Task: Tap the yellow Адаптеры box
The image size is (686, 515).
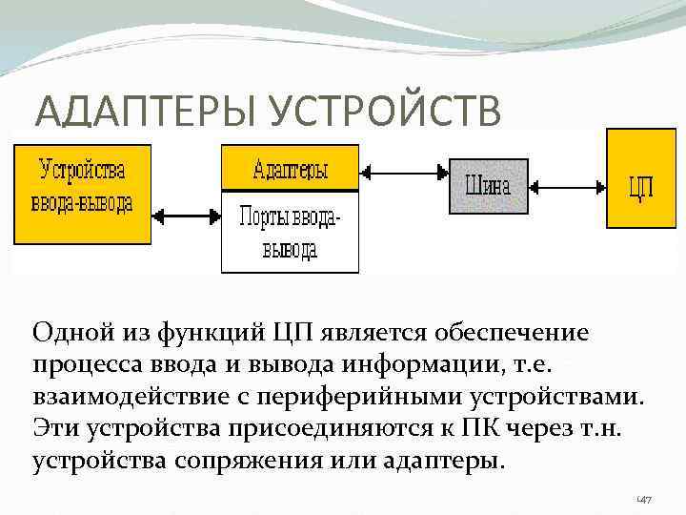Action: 290,170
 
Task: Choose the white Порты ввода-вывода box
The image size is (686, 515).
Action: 290,232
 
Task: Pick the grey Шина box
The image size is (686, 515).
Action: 487,183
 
